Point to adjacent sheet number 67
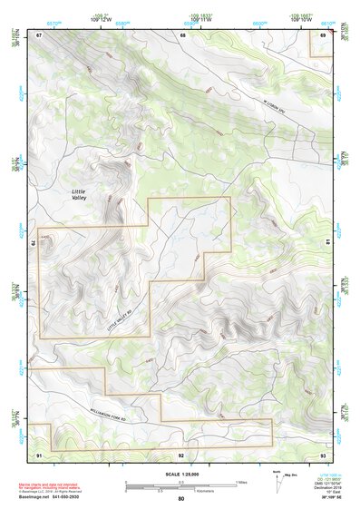(39, 34)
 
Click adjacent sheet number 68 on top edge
(182, 34)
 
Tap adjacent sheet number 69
(324, 34)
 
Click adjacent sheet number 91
(39, 454)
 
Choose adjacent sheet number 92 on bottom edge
(181, 454)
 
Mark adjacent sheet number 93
(324, 454)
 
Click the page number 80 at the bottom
(181, 498)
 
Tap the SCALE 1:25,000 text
(181, 475)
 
